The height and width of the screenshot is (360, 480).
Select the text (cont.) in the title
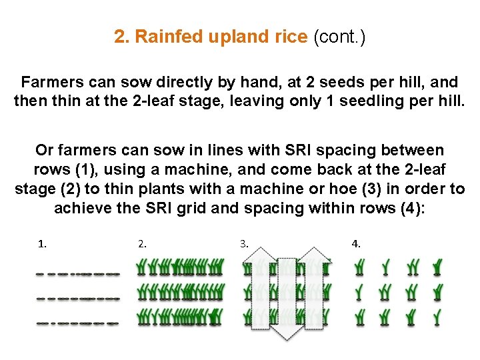339,37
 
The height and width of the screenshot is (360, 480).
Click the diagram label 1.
43,244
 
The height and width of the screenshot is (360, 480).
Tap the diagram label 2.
142,244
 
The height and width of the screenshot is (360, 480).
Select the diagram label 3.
244,244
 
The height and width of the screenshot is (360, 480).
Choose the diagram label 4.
356,244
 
